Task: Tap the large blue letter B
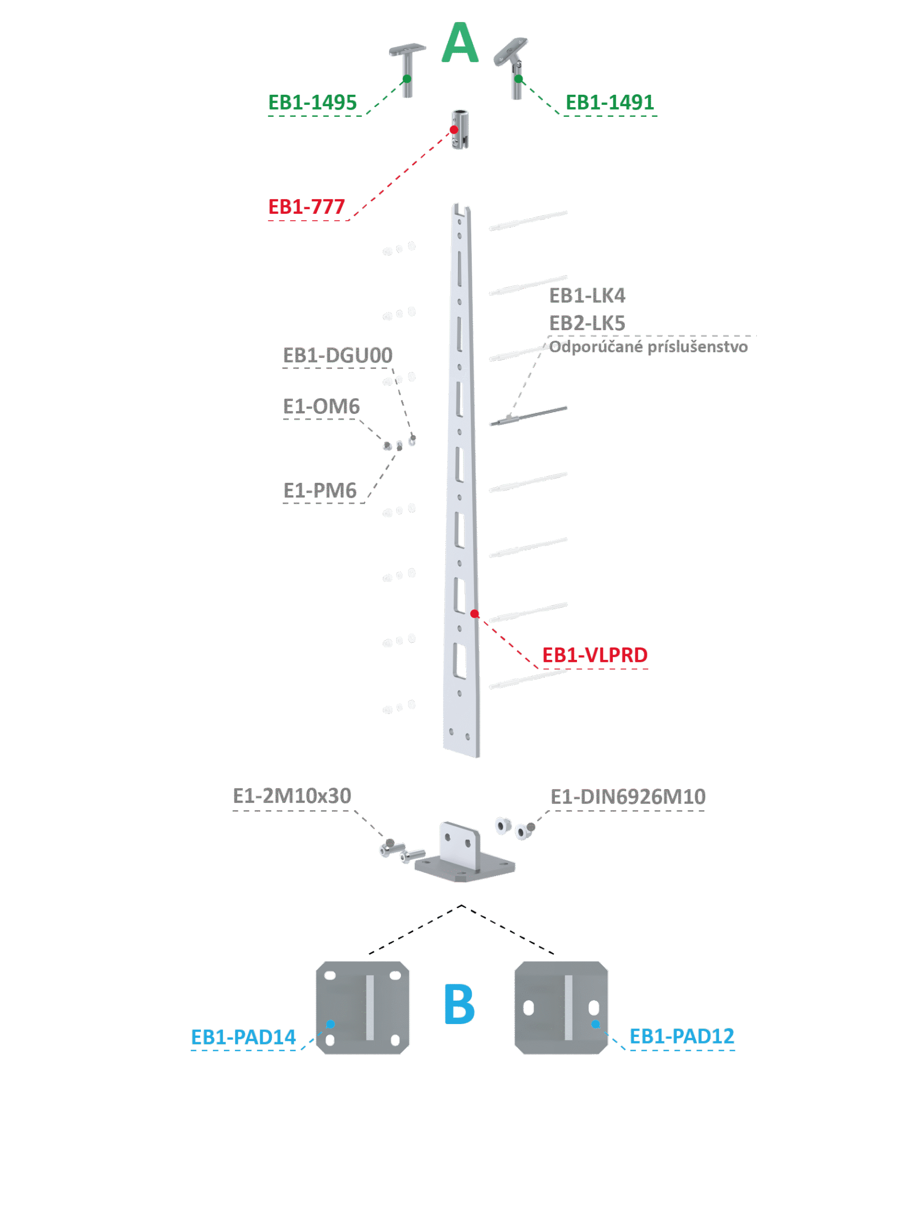point(459,1004)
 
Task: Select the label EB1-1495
point(312,102)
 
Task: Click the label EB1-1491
point(610,102)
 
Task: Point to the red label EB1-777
point(307,207)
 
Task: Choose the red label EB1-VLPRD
point(595,655)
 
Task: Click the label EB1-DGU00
point(337,356)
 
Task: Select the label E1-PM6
point(320,490)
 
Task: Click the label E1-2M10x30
point(292,796)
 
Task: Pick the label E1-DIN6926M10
point(628,797)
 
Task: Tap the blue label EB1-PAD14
point(243,1037)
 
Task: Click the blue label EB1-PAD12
point(682,1036)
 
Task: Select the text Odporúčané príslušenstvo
point(648,347)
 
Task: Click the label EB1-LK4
point(587,296)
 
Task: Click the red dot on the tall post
point(475,613)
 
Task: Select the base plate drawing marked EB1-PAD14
point(363,1007)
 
